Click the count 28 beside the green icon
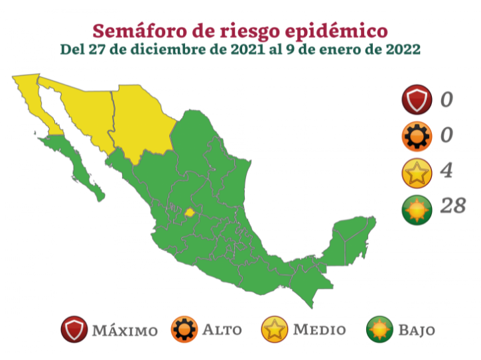[x=452, y=206]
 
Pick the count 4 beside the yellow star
[x=447, y=171]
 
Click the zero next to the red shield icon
[x=447, y=100]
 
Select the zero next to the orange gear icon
[x=447, y=135]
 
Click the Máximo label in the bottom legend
[x=125, y=330]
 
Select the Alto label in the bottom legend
[x=222, y=330]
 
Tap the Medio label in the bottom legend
[x=319, y=330]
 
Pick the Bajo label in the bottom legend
[x=417, y=330]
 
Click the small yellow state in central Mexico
[x=190, y=213]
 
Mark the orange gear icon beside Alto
[x=184, y=330]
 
